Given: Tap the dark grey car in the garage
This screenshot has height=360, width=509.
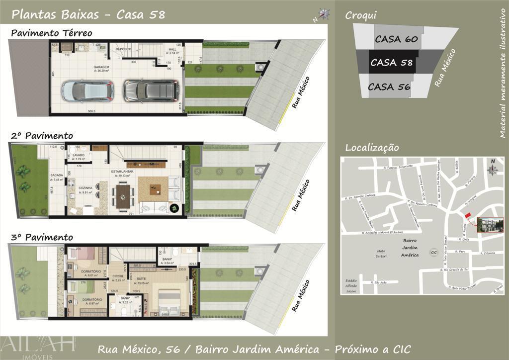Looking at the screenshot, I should tap(151, 90).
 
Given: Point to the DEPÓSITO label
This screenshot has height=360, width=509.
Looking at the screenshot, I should tap(123, 49).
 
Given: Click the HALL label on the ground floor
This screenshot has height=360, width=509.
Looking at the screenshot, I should tap(172, 50).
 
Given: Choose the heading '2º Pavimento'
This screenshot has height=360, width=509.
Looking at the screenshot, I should tap(42, 136).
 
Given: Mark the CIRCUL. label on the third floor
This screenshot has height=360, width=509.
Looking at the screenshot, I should tap(119, 277).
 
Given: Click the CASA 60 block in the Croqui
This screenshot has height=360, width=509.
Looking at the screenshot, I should tap(396, 38).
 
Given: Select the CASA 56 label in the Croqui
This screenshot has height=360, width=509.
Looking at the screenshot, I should tap(389, 87).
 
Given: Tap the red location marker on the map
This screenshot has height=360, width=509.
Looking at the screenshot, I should tap(467, 215).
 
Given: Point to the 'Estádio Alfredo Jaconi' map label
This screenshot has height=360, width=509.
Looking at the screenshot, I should tap(351, 286).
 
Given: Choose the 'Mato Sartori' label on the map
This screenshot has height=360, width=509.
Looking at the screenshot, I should tap(381, 253).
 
